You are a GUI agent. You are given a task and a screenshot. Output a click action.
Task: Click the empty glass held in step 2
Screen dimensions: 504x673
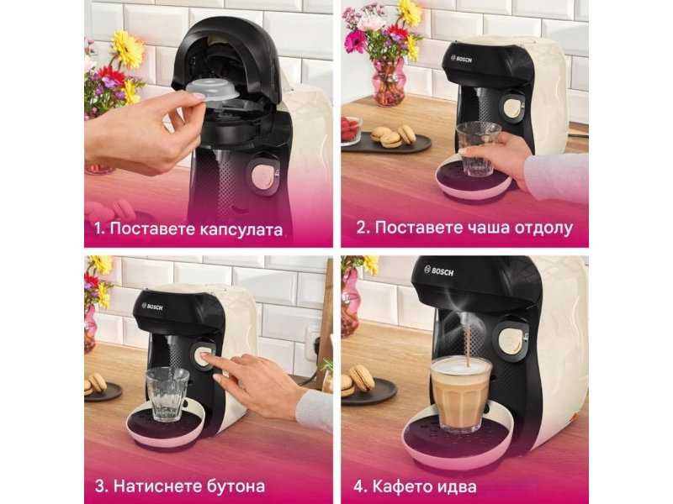coord(478,148)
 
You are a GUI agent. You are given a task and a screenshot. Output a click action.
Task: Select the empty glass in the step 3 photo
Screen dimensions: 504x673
coord(167,393)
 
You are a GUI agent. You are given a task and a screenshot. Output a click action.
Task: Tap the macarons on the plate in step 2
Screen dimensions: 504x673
coord(392,135)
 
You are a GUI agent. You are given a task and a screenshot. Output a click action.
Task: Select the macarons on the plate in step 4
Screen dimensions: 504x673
coord(358,380)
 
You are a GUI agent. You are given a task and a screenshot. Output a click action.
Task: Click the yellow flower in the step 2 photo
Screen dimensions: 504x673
coord(410,12)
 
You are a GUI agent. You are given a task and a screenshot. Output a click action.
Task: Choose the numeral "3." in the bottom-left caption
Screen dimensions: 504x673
coord(100,486)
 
